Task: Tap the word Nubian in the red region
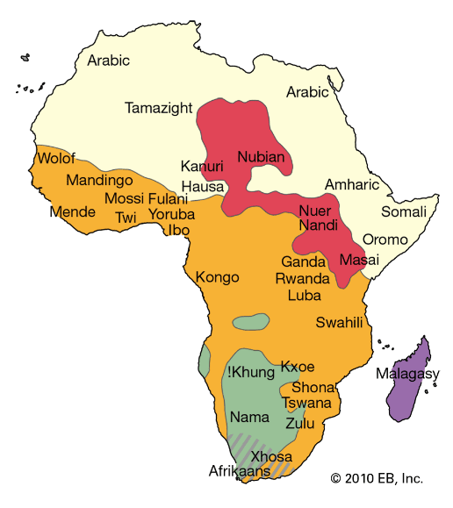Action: [262, 157]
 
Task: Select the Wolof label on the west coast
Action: [55, 159]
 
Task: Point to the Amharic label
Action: [352, 184]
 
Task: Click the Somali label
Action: [403, 211]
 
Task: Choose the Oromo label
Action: [385, 239]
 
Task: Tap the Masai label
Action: [359, 261]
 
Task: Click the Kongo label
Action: [218, 277]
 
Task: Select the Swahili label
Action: [339, 322]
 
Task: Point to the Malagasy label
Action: [407, 375]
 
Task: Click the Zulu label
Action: [300, 422]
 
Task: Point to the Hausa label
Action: [203, 186]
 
